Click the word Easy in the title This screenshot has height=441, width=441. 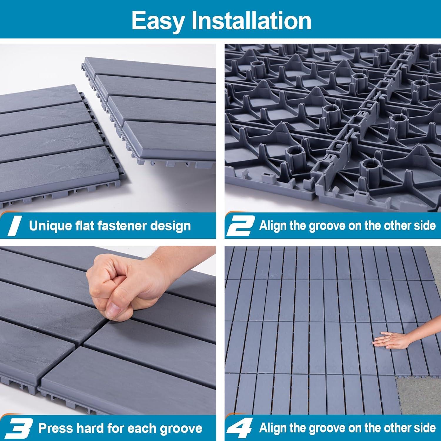coord(158,20)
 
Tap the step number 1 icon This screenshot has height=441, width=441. coord(14,226)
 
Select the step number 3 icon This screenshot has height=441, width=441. coord(18,428)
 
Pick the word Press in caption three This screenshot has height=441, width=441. coord(54,428)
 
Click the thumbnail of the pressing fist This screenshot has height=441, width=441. coord(108,329)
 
